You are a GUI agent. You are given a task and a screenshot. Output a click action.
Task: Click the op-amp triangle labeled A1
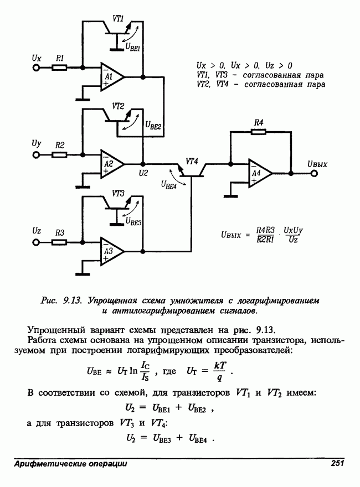[x=110, y=79]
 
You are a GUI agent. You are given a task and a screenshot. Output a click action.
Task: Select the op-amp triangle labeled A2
[x=110, y=164]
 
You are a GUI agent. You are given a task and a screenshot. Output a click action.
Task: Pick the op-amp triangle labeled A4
[x=259, y=174]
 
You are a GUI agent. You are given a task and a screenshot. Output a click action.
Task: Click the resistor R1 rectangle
[x=60, y=68]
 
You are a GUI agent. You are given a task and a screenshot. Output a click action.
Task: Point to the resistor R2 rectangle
[x=60, y=154]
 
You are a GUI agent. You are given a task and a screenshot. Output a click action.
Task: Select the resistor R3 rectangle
[x=60, y=242]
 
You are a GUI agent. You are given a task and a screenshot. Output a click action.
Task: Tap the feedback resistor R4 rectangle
[x=259, y=132]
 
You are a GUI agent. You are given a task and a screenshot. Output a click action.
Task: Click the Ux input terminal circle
[x=37, y=68]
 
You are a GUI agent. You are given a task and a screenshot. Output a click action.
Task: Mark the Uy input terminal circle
[x=37, y=154]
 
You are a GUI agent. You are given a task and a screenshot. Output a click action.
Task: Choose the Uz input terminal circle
[x=37, y=242]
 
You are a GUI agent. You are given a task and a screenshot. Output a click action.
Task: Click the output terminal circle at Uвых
[x=314, y=174]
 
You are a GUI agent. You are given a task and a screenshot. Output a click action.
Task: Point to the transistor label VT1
[x=118, y=18]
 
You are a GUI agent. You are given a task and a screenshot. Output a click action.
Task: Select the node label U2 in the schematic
[x=143, y=173]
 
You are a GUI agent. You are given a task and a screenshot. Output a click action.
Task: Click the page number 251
[x=338, y=463]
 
